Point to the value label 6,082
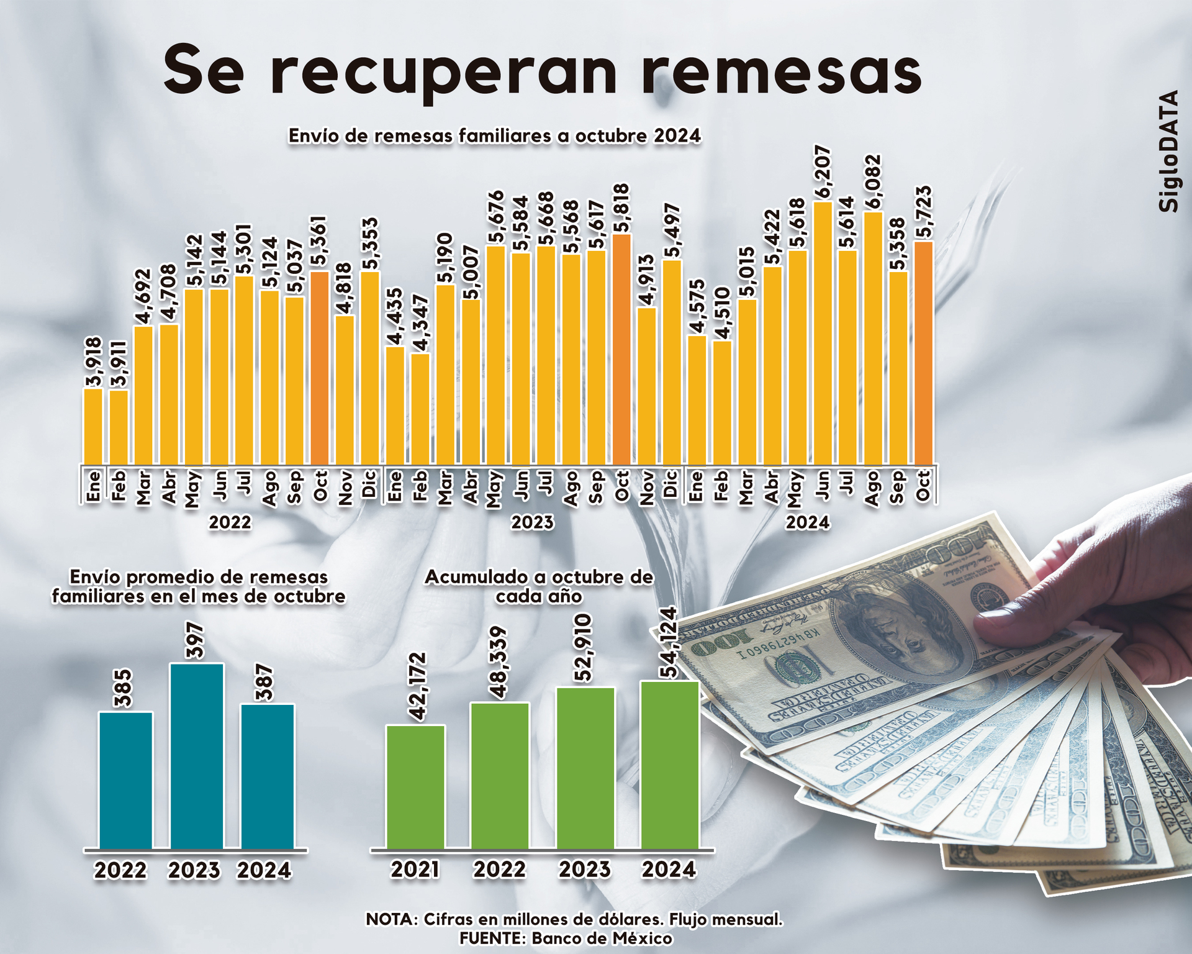point(872,182)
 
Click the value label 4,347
point(420,323)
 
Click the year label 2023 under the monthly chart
point(532,522)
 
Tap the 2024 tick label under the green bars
point(669,870)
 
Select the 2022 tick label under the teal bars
point(120,871)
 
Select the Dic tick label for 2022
point(370,484)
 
